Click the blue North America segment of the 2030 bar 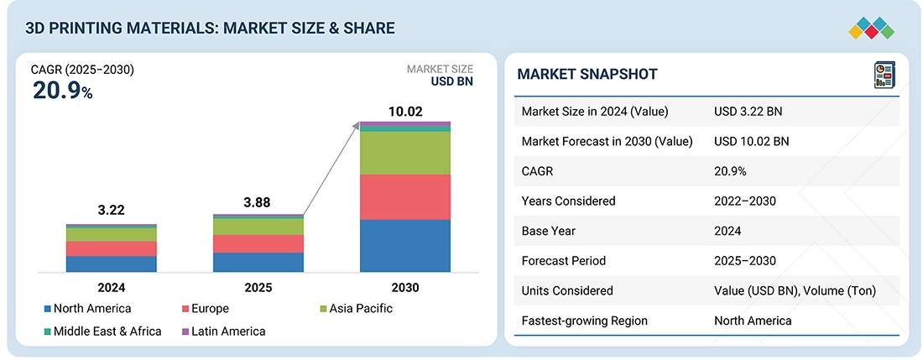coord(405,246)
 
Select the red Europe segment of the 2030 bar coord(405,197)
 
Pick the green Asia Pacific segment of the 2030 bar coord(405,153)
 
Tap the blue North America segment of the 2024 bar coord(112,264)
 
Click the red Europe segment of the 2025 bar coord(258,244)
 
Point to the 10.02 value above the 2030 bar coord(405,112)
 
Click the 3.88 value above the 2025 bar coord(258,203)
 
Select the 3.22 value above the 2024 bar coord(112,210)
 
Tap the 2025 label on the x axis coord(258,288)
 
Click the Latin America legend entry coord(223,331)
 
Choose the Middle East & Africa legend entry coord(102,331)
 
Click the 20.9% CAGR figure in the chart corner coord(62,91)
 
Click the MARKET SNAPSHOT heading coord(587,74)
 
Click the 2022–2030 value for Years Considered coord(744,201)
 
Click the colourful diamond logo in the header coord(872,29)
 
